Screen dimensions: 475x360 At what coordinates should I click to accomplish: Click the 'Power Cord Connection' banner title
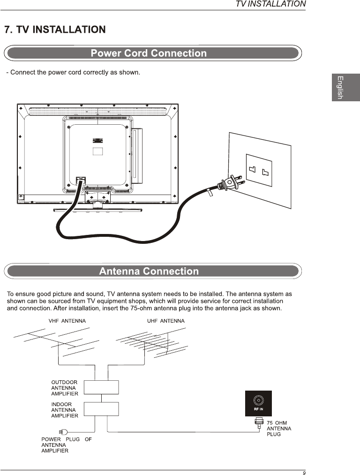point(149,53)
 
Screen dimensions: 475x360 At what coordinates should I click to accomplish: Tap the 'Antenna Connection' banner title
point(149,271)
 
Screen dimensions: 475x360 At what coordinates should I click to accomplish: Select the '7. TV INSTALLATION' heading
point(55,30)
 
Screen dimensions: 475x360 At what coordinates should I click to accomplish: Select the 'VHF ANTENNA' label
point(67,321)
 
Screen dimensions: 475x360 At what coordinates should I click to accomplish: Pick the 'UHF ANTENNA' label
point(166,321)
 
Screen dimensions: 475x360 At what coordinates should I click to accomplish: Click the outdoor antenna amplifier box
point(101,387)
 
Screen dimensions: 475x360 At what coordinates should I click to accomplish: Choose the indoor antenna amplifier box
point(101,409)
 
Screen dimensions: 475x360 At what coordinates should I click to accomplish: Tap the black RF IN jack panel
point(259,403)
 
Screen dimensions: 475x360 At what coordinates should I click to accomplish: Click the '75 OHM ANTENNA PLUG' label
point(278,429)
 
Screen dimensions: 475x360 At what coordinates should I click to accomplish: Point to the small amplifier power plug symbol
point(64,432)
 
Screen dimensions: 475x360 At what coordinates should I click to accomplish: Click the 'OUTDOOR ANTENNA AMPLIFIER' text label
point(65,388)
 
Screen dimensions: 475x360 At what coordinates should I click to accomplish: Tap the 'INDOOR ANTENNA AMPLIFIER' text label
point(65,410)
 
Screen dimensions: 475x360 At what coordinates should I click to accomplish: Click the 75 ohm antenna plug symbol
point(259,424)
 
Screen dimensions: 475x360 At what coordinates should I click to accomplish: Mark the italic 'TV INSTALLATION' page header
point(270,4)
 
